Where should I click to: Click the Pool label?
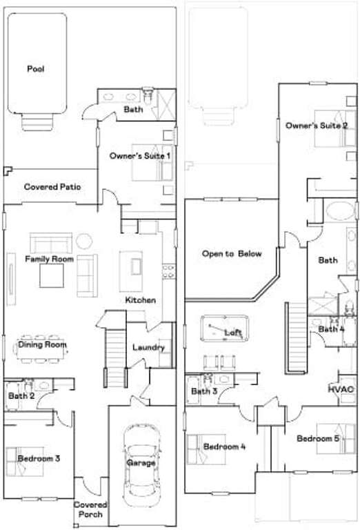tap(35, 69)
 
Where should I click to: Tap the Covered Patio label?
tap(52, 186)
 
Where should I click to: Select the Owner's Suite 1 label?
tap(140, 156)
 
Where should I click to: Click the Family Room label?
tap(49, 259)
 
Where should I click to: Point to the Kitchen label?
tap(141, 300)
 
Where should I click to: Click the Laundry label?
tap(148, 347)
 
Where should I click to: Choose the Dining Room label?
tap(42, 344)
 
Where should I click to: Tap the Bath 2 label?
tap(21, 395)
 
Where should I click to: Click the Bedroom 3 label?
tap(39, 458)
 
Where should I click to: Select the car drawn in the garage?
tap(141, 465)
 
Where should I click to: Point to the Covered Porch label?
tap(90, 509)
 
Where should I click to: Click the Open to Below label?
tap(232, 253)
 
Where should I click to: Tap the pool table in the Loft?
tap(225, 328)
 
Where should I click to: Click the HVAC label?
tap(341, 389)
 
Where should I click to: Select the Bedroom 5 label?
tap(318, 438)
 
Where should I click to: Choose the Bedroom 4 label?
tap(224, 446)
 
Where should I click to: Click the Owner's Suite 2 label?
tap(317, 126)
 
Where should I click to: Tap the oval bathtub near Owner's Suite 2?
tap(340, 212)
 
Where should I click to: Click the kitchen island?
tap(131, 271)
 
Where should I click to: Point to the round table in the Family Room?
tap(84, 241)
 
